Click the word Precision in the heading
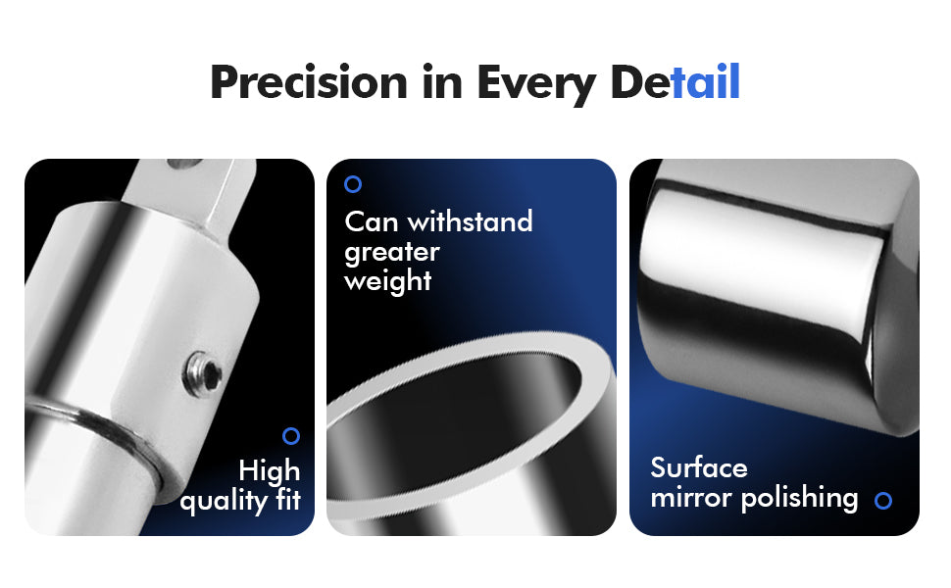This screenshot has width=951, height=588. coord(309,82)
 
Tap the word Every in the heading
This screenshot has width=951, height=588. coord(536,85)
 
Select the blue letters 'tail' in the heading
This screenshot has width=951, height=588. coord(705,81)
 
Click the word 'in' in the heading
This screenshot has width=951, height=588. coord(442,82)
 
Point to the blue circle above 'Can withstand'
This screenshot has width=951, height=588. coord(353,184)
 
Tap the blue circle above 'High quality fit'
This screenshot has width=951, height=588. coord(291,436)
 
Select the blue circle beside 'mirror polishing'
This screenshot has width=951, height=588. coord(883,500)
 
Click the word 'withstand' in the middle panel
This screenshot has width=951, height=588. coord(470,221)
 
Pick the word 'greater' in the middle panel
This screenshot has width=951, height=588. coord(392,253)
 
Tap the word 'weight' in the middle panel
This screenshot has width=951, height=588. coord(388,281)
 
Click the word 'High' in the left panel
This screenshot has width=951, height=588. coord(270,471)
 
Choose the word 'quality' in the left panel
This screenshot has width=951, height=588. coord(224,502)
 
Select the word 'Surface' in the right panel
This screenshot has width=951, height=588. coord(699,468)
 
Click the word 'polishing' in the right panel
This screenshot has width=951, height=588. coord(799,498)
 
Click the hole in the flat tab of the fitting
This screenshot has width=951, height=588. coord(183,164)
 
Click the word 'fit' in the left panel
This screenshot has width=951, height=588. coord(288,500)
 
